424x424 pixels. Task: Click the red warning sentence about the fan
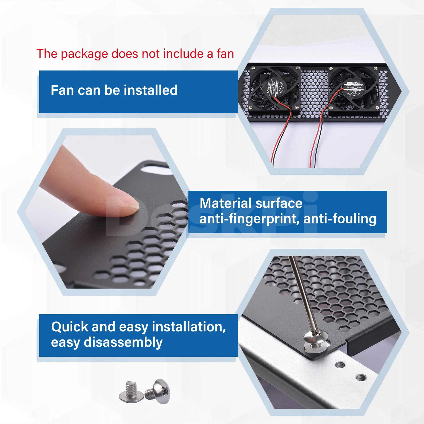(x=135, y=54)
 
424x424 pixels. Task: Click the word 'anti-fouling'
(x=340, y=219)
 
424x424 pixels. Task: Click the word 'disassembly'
(x=123, y=342)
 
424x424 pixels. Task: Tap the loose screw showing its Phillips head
(x=160, y=391)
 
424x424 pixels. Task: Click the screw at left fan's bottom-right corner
(x=296, y=107)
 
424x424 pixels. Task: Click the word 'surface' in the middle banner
(x=283, y=203)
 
